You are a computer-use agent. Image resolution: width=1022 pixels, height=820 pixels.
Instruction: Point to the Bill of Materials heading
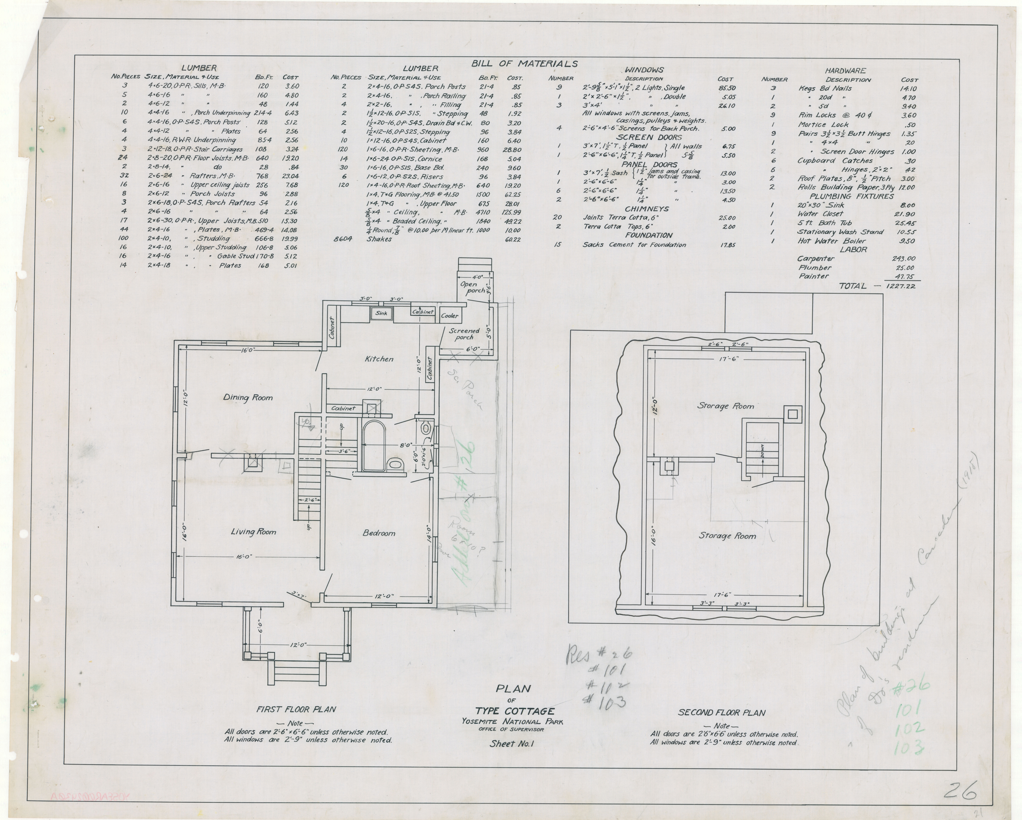coord(524,64)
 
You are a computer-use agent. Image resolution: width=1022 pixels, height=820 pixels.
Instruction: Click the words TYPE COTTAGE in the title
coord(515,711)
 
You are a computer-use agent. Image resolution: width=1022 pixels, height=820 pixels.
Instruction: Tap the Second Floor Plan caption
coord(721,712)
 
